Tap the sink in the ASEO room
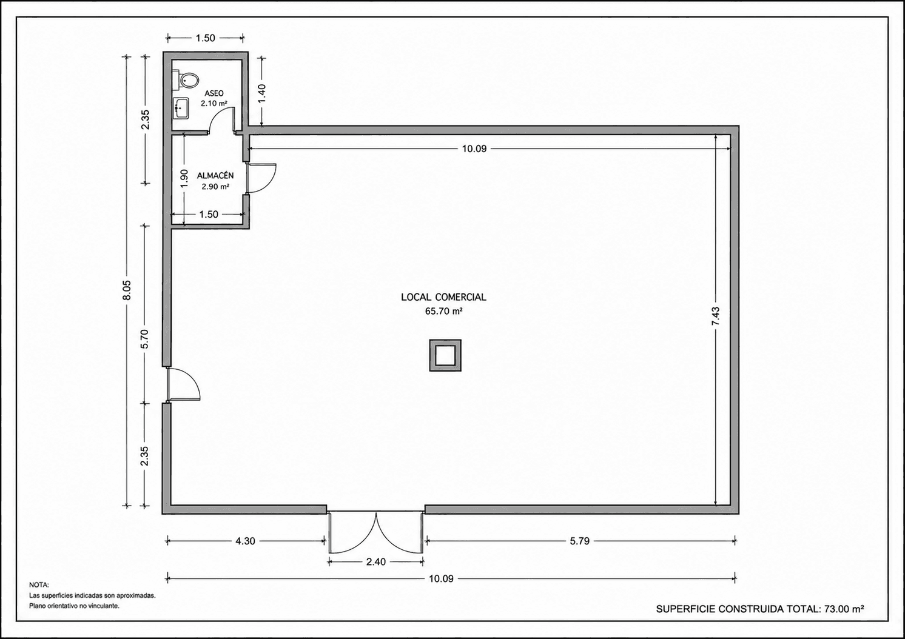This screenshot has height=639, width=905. [181, 109]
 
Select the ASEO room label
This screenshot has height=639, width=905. [214, 93]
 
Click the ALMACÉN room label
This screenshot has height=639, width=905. [215, 176]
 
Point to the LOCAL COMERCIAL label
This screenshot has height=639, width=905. [443, 297]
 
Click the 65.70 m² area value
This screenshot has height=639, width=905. [443, 311]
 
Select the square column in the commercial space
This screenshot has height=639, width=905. [445, 355]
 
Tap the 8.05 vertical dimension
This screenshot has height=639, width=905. [127, 290]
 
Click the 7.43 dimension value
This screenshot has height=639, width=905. [716, 316]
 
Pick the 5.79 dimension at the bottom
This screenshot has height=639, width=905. [580, 541]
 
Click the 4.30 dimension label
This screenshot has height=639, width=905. [245, 541]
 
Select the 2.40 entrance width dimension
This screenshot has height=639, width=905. [375, 562]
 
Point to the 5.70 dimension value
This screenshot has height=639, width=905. [145, 340]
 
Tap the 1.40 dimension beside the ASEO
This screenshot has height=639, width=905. [262, 93]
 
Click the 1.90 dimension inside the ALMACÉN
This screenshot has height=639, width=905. [184, 178]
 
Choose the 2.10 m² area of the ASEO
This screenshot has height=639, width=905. [214, 104]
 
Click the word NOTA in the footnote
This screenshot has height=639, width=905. [39, 585]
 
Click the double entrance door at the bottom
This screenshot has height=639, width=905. [375, 532]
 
